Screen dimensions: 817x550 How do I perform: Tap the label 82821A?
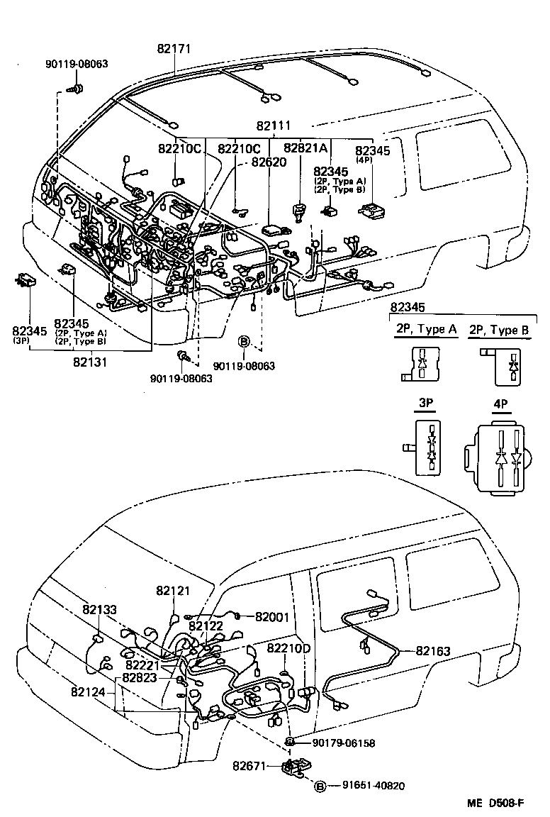tap(305, 148)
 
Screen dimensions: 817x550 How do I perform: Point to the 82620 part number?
tap(267, 161)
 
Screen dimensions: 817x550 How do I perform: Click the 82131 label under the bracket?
tap(89, 361)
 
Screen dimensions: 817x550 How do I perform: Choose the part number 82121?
tap(173, 590)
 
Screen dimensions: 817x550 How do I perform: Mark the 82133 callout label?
tap(99, 609)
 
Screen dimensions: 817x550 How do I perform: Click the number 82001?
tap(272, 617)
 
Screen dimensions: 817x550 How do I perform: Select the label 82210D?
tap(288, 648)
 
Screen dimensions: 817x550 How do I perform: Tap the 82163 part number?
tap(433, 650)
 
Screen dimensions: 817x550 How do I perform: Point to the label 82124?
tap(89, 690)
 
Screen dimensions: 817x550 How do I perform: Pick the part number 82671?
tap(249, 766)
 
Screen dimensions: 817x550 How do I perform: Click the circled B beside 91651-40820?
tap(320, 785)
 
